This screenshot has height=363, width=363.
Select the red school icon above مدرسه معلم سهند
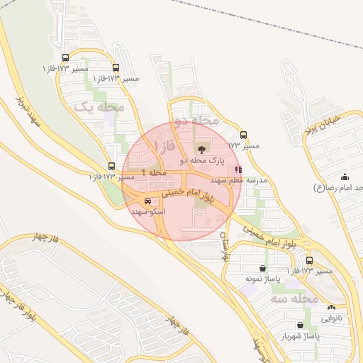pos(238,169)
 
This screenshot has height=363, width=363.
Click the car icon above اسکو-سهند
pos(147,201)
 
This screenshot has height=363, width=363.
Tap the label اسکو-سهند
pos(147,211)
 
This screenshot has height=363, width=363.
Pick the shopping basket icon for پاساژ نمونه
pos(264,269)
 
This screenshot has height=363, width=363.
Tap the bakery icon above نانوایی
pos(331,307)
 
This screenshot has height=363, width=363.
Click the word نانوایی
pos(331,318)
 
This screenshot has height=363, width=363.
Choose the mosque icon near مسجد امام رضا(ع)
pos(345,177)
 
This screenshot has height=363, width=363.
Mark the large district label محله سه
pos(306,298)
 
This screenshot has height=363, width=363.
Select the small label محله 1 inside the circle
pos(154,172)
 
